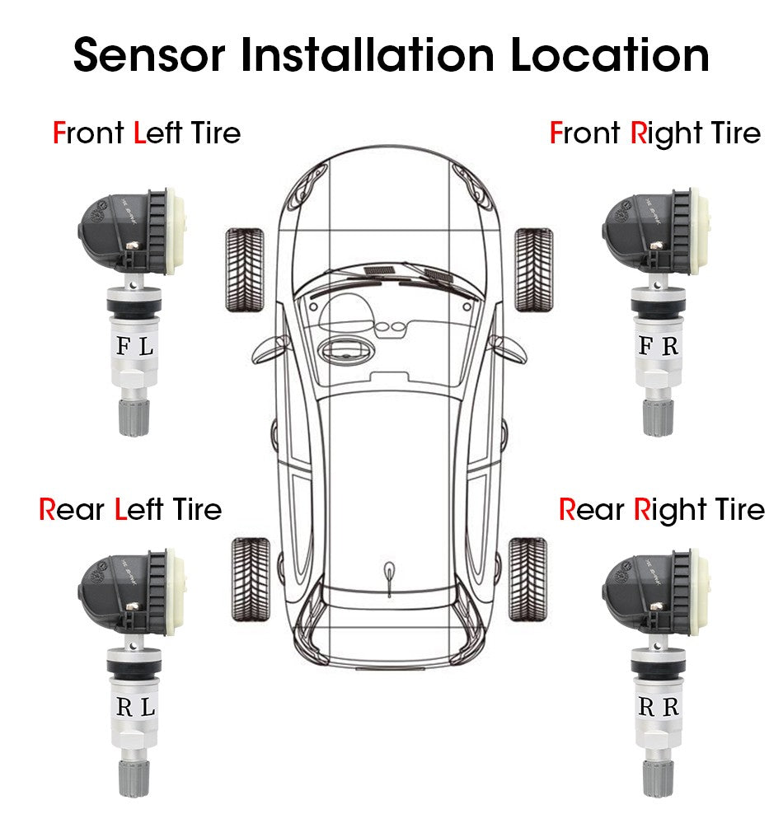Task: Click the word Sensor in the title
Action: (x=149, y=56)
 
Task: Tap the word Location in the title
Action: (x=609, y=56)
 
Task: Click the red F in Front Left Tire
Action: (x=59, y=133)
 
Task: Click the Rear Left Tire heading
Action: (x=130, y=509)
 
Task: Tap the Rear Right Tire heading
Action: (x=661, y=509)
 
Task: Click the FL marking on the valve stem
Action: (x=134, y=347)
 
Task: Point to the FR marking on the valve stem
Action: (x=659, y=346)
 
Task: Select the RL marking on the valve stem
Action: (x=135, y=707)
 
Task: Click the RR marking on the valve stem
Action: (x=659, y=707)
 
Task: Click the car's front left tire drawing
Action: (x=245, y=269)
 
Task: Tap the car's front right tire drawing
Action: (x=533, y=269)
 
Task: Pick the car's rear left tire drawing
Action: (x=251, y=579)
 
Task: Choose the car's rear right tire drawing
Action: (x=527, y=579)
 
